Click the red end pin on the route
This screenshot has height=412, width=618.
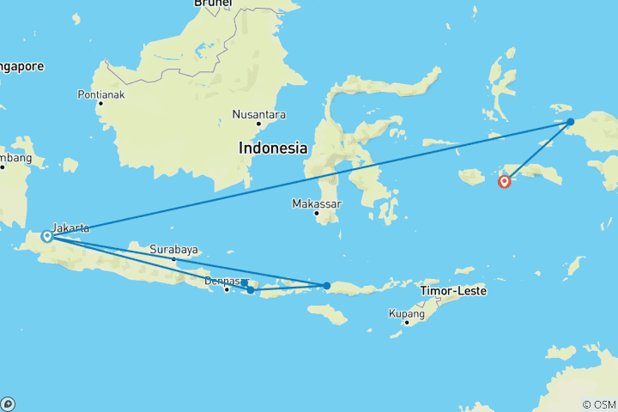[505, 180]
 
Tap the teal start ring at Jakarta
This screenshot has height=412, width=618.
[45, 235]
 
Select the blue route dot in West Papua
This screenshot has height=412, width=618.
[570, 122]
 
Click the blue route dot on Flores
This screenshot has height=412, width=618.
[326, 286]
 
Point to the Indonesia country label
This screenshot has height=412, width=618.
[273, 148]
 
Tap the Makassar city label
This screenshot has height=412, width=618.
[317, 203]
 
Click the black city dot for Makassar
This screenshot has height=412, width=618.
[316, 213]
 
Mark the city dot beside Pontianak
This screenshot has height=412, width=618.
[100, 103]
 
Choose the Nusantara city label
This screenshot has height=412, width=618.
[260, 114]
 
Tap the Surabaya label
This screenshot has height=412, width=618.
[174, 250]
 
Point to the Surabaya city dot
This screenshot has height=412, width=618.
[173, 259]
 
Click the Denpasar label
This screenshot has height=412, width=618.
[227, 280]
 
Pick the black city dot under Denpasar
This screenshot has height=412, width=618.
[227, 289]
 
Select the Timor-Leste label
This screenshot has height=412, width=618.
[454, 291]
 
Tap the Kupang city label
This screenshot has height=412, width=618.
[407, 313]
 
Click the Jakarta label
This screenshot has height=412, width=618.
[70, 227]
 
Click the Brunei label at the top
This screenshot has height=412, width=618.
[212, 3]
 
